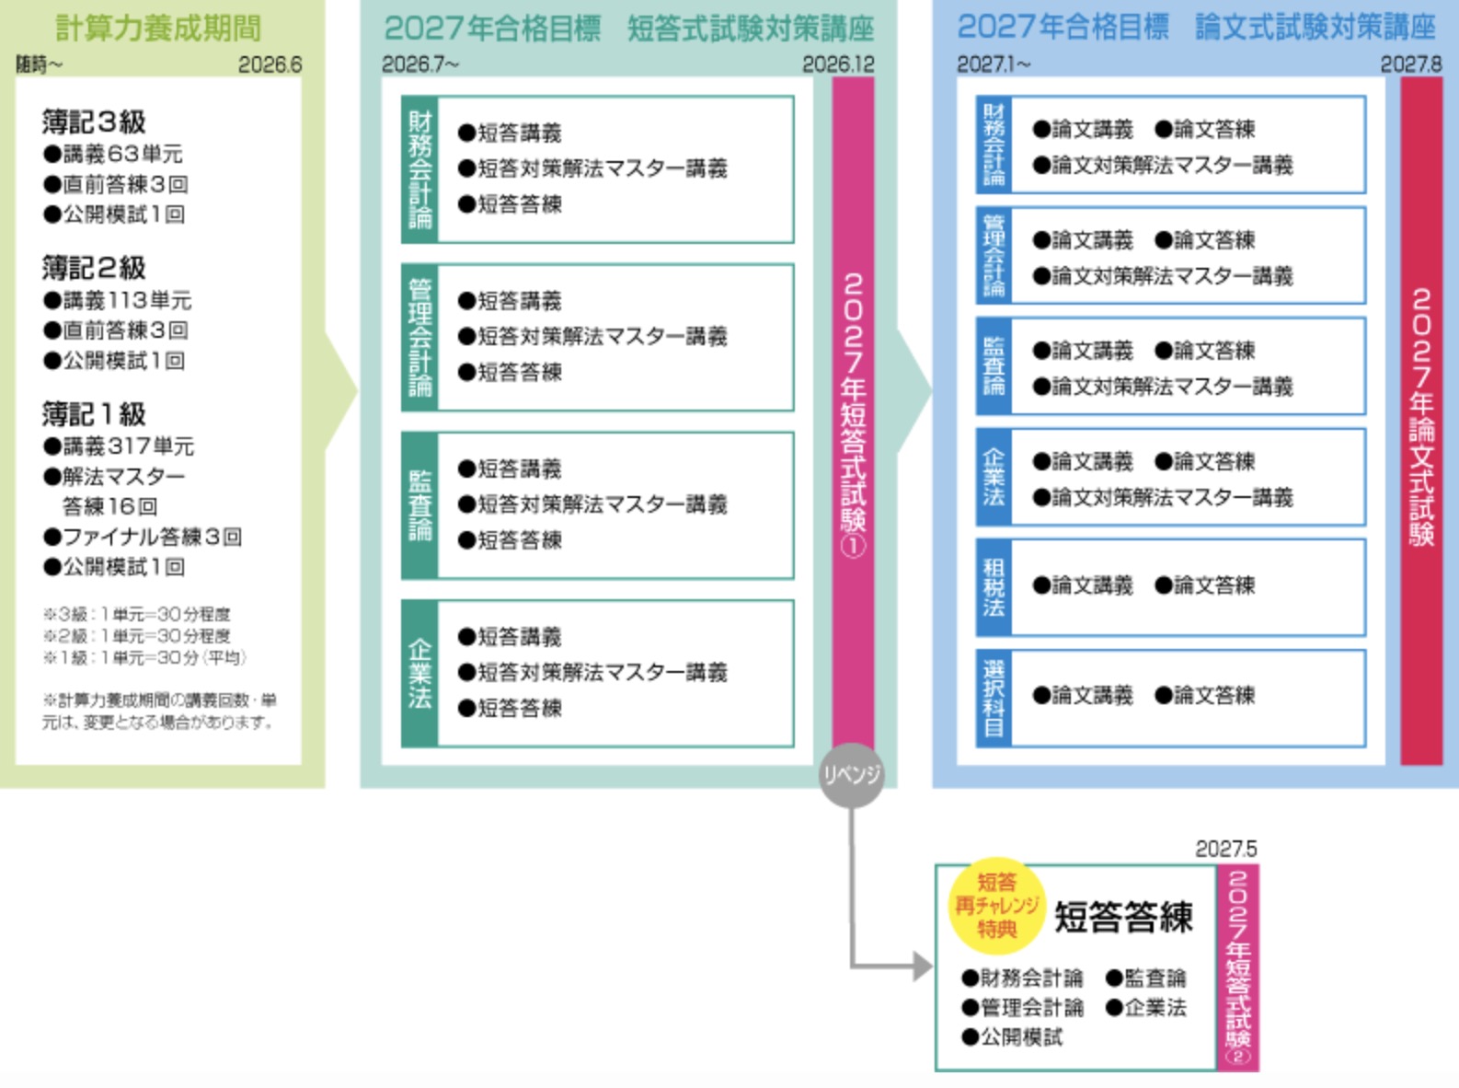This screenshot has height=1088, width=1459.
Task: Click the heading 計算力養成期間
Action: tap(158, 28)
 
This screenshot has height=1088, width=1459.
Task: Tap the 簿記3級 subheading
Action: tap(94, 122)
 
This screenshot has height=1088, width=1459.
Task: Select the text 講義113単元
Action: tap(127, 300)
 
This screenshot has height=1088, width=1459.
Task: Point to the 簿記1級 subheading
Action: tap(94, 414)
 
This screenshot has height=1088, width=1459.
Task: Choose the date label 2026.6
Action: tap(270, 64)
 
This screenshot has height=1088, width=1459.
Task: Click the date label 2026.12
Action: tap(837, 64)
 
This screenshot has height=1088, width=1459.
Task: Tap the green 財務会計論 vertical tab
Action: tap(419, 169)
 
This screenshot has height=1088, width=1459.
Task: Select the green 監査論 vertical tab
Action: tap(419, 505)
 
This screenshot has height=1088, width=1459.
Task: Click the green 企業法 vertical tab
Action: tap(419, 673)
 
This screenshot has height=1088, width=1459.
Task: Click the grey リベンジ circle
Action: tap(852, 775)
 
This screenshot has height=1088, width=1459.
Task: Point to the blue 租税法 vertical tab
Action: tap(994, 587)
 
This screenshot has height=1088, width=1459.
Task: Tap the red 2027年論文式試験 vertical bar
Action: tap(1421, 420)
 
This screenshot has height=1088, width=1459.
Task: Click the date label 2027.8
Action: tap(1410, 64)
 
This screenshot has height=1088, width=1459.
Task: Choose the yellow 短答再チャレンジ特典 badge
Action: tap(996, 906)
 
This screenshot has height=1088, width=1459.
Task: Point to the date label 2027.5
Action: tap(1225, 849)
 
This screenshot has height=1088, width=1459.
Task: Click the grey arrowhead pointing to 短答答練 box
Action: tap(923, 966)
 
